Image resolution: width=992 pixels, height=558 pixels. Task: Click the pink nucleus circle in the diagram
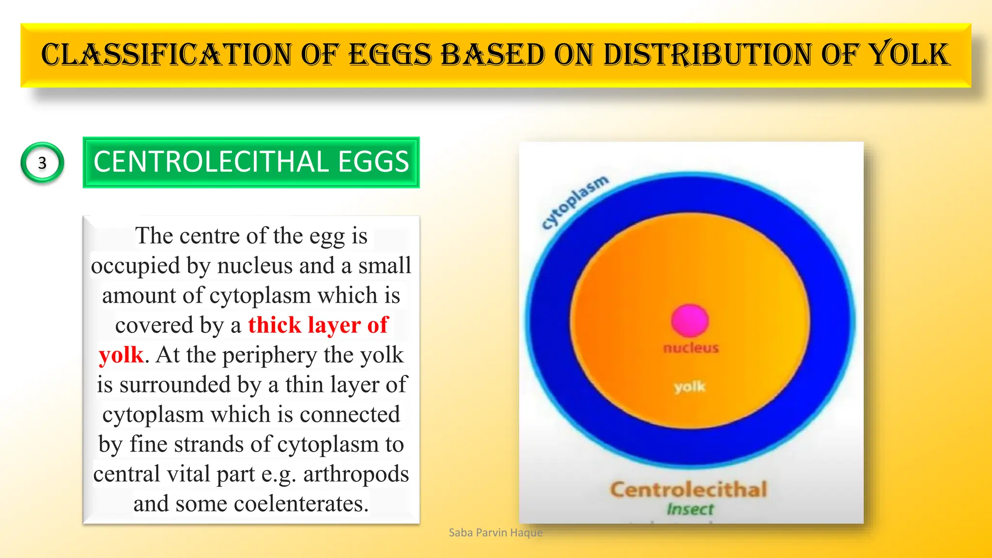[690, 320]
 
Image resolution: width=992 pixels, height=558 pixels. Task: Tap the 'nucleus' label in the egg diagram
[691, 348]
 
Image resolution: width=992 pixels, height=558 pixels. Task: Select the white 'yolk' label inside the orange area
[689, 387]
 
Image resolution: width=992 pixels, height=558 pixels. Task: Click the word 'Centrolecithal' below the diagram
[688, 489]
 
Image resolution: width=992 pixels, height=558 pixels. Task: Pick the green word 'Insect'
[690, 509]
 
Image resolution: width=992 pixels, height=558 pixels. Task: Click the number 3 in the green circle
[42, 163]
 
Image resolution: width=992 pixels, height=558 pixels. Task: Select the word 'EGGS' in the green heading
[373, 162]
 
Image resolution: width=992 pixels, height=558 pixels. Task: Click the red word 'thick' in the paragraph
[275, 325]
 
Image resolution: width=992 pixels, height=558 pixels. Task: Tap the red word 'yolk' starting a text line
[121, 355]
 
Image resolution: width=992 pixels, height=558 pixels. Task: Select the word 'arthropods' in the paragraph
[356, 474]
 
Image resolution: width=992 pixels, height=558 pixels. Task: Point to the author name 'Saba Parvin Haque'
[496, 532]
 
